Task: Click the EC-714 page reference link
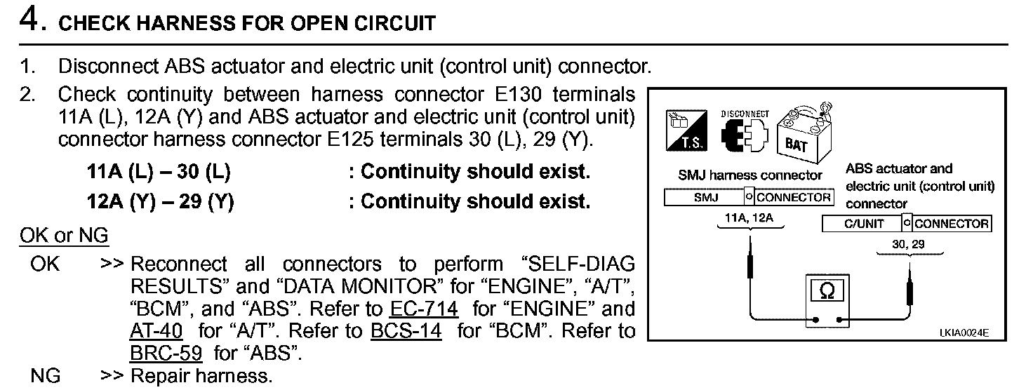point(423,309)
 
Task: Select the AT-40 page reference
point(156,330)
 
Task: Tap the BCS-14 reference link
point(406,330)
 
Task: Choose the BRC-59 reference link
point(166,352)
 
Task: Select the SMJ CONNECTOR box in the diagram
point(748,197)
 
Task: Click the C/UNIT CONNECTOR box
point(906,224)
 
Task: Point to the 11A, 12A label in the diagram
point(749,218)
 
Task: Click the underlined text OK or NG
point(64,236)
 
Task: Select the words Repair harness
point(201,376)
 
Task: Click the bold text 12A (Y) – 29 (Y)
point(160,202)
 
